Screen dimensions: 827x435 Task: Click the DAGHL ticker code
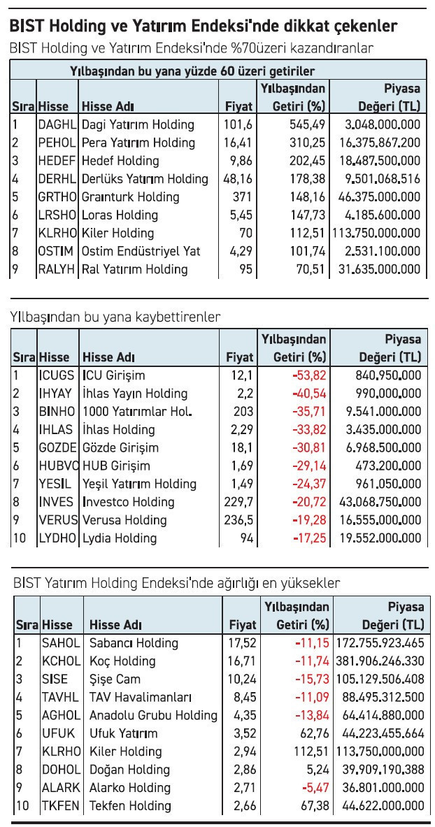(x=57, y=124)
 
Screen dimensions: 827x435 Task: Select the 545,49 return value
(x=307, y=124)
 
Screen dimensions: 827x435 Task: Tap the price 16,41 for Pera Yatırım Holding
(x=238, y=143)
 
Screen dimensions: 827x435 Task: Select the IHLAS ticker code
(x=55, y=430)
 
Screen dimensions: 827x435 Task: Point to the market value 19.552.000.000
(x=377, y=538)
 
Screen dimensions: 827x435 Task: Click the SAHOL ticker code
(x=61, y=643)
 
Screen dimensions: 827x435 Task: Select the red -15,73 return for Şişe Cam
(x=308, y=679)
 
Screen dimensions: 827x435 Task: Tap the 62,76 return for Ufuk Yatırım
(x=312, y=733)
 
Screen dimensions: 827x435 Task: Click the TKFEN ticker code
(x=62, y=806)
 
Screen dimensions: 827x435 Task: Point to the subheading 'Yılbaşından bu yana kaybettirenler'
(x=115, y=317)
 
